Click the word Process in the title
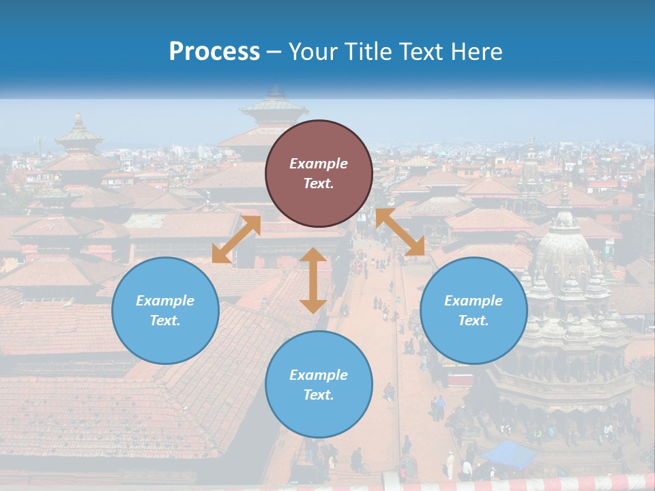[x=214, y=52]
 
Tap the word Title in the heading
[x=368, y=52]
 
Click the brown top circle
[x=319, y=173]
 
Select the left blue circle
[x=165, y=310]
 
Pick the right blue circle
[x=474, y=310]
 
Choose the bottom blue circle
[x=319, y=384]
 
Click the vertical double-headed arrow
[x=313, y=280]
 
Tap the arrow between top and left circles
[x=236, y=239]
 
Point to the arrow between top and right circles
[x=401, y=232]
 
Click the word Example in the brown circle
[x=319, y=164]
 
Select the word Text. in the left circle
[x=165, y=321]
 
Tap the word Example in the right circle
[x=474, y=301]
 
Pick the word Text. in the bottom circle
[x=319, y=395]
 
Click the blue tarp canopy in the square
[x=508, y=453]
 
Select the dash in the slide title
[x=274, y=52]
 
